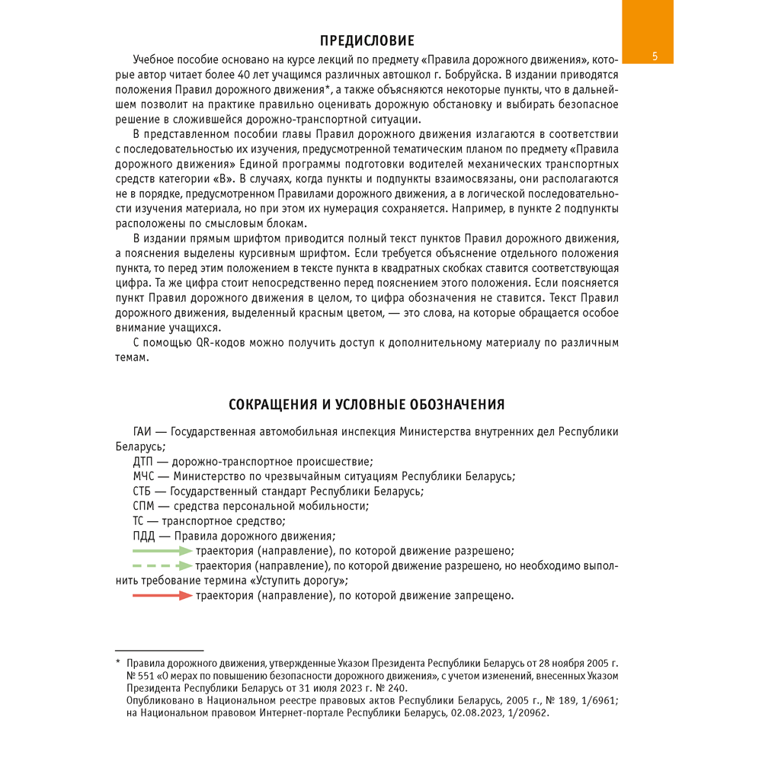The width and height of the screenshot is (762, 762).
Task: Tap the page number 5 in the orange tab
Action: [655, 57]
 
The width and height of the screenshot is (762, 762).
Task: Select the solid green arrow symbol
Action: [162, 550]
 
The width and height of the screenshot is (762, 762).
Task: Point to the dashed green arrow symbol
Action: [162, 565]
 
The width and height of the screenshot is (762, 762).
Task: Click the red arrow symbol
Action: [162, 595]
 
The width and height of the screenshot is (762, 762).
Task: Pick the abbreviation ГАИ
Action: [142, 432]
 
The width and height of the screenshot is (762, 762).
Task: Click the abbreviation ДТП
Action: [142, 462]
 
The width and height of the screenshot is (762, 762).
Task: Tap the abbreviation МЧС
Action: [142, 476]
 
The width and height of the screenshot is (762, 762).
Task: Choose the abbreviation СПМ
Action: [142, 506]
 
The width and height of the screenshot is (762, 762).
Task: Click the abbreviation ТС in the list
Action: [139, 521]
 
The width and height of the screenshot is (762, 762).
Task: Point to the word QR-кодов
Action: [220, 343]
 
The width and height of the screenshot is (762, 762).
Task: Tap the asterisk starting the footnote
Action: [118, 664]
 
